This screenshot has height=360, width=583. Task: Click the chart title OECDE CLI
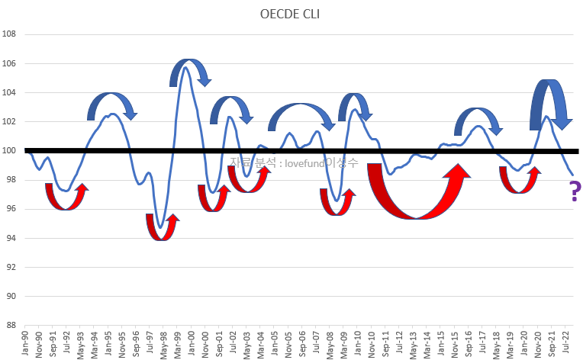click(x=291, y=14)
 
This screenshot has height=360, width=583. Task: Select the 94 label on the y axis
click(x=11, y=238)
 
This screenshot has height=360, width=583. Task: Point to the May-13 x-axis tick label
click(x=414, y=343)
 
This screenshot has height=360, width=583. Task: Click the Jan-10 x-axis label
click(x=358, y=343)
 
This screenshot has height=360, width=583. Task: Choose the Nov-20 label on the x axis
click(x=539, y=343)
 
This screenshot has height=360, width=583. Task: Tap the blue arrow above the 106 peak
click(x=190, y=69)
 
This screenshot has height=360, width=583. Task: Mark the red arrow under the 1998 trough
click(x=163, y=228)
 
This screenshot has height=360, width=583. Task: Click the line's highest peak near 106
click(x=186, y=68)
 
